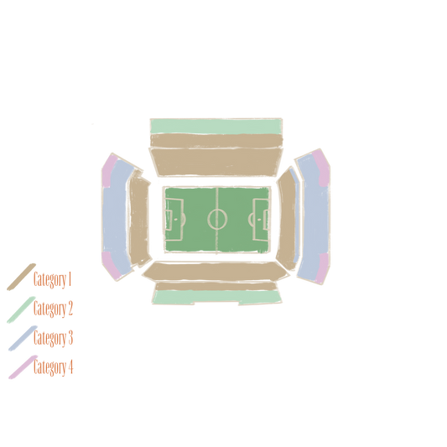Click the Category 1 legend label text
point(52,279)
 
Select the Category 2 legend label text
point(53,309)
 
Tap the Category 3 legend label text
point(53,338)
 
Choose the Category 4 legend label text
point(54,367)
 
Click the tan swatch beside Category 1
point(21,277)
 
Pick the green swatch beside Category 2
point(21,309)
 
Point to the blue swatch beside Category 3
point(23,338)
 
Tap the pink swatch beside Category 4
point(23,367)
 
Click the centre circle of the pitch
point(217,219)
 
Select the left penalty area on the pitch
point(174,220)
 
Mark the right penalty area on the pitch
point(261,220)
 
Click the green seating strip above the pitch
point(216,127)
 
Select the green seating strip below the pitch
point(216,297)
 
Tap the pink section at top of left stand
point(109,170)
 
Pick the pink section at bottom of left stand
point(111,266)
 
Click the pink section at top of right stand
point(322,169)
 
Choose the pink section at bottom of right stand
point(323,268)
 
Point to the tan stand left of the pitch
point(139,219)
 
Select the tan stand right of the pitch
point(287,219)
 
